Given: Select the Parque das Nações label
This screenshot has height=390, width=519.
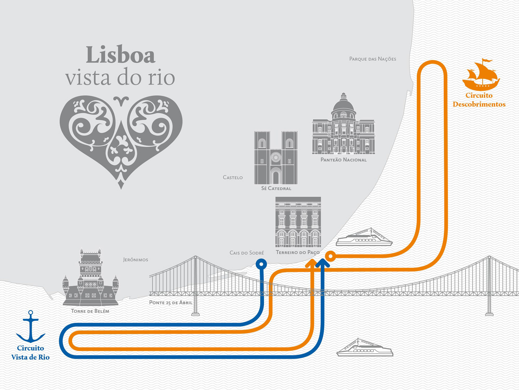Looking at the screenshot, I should (372, 59).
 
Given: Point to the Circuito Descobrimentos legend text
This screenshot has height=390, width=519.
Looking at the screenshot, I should (479, 100).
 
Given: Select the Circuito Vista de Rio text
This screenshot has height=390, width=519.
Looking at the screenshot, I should (30, 353).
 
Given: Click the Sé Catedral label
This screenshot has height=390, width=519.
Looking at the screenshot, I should (276, 188).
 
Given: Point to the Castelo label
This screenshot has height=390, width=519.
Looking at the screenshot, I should (233, 178).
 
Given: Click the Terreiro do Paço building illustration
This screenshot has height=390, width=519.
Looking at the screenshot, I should (298, 222).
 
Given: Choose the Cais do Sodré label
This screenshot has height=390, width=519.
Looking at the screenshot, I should (247, 253).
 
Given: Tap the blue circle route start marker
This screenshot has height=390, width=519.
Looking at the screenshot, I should (261, 264).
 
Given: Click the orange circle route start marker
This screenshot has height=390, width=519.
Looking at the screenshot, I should (330, 256).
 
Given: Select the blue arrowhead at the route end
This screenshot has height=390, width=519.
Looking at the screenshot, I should (322, 263).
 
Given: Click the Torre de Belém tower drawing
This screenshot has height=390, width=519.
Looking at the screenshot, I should (90, 279).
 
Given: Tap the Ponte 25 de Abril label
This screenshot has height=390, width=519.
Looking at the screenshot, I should (171, 303).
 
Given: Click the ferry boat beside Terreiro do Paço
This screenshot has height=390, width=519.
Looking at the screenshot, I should (364, 238).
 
